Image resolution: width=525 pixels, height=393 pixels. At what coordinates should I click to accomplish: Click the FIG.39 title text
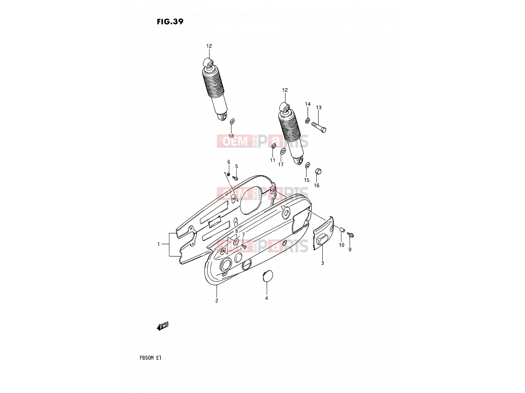pyautogui.click(x=170, y=22)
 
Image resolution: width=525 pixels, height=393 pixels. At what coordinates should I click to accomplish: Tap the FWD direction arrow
pyautogui.click(x=162, y=326)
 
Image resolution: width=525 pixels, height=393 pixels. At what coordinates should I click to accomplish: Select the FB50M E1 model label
pyautogui.click(x=150, y=358)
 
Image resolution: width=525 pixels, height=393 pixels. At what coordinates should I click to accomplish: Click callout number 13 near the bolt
pyautogui.click(x=319, y=108)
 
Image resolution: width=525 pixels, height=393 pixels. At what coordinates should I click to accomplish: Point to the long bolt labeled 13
pyautogui.click(x=319, y=127)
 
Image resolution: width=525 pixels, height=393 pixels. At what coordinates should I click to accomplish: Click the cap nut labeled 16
pyautogui.click(x=318, y=171)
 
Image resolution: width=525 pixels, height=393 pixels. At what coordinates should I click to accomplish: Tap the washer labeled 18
pyautogui.click(x=232, y=122)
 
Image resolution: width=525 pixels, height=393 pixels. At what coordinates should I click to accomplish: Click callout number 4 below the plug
pyautogui.click(x=266, y=298)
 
